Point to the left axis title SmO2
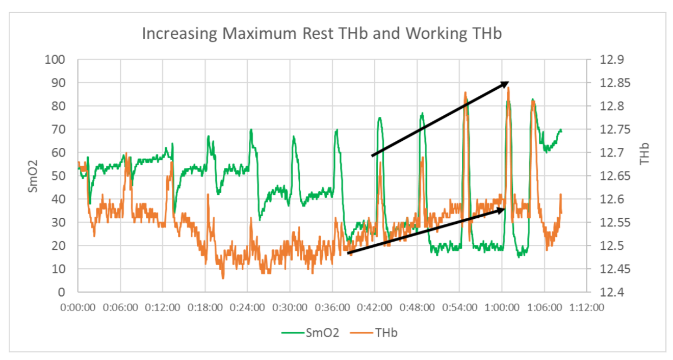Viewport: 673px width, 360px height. [33, 176]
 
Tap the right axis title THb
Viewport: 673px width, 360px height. [645, 153]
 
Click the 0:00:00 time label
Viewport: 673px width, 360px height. [77, 307]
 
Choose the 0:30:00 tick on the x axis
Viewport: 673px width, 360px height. [290, 307]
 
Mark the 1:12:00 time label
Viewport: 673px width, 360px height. [586, 307]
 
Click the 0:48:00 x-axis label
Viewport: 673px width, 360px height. [417, 307]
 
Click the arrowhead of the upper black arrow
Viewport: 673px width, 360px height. [505, 83]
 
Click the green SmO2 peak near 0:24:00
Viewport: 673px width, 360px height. [251, 130]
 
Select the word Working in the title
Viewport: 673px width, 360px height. [432, 34]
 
